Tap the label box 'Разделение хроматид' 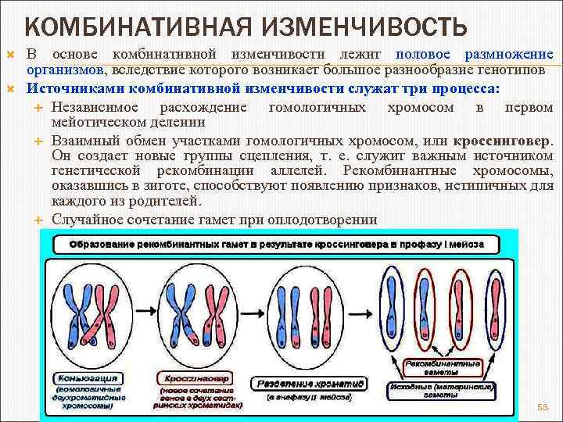click(x=310, y=384)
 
